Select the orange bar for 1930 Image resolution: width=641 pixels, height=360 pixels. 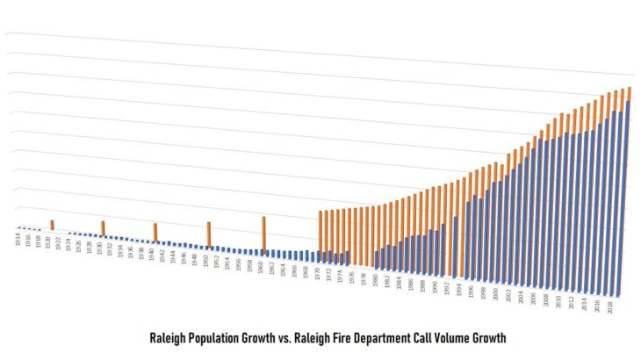coord(103,229)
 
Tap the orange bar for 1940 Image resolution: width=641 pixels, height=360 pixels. coord(155,233)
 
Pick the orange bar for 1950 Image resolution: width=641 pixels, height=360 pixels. coord(209,234)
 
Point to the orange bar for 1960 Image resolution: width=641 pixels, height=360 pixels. coord(263,234)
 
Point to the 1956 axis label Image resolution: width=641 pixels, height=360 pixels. coord(237,264)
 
